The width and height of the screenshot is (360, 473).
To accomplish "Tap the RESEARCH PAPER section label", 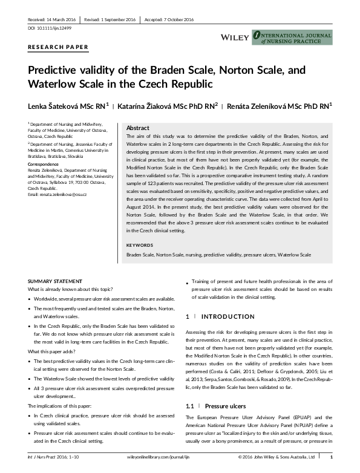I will coord(58,47).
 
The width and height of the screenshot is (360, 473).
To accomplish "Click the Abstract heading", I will coord(137,128).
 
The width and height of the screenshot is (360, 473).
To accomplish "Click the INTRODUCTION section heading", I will coord(227,316).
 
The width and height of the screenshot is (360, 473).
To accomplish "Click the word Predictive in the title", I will coord(55,70).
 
